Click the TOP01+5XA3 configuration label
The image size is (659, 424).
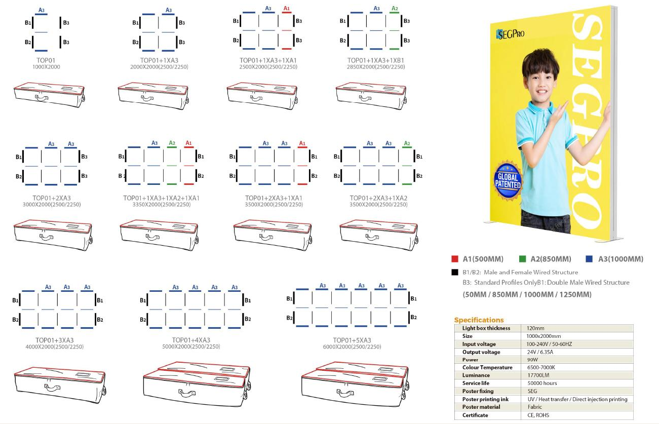(352, 340)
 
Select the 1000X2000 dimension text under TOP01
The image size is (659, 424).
(46, 67)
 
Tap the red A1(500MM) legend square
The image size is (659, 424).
(455, 259)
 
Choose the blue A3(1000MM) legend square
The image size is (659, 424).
(589, 259)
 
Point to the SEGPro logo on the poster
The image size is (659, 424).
(510, 34)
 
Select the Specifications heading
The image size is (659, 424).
(479, 320)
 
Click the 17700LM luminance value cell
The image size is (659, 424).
(537, 375)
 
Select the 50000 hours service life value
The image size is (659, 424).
(542, 383)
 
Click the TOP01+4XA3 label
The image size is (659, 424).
(191, 340)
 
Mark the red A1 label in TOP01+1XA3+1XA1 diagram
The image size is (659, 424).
(287, 9)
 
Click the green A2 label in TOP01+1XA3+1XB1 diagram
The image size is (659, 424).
(395, 9)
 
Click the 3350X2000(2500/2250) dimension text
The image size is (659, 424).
(161, 205)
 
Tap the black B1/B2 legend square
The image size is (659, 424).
(454, 273)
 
